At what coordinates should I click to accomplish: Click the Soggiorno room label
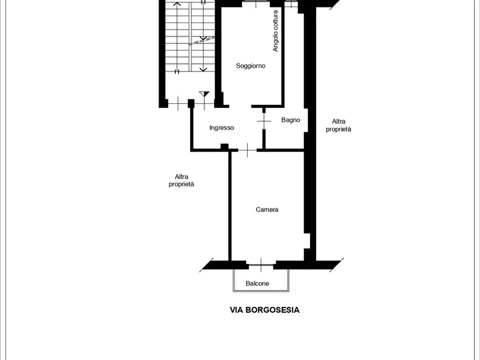(250, 66)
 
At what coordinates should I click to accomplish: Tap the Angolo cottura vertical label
(276, 31)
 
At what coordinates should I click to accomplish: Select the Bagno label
(290, 120)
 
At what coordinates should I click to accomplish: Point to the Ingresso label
(221, 128)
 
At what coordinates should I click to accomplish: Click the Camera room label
(267, 210)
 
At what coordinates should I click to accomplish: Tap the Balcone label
(257, 284)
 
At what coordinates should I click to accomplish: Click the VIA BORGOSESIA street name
(265, 310)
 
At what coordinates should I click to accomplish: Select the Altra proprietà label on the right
(338, 125)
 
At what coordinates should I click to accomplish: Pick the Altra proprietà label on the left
(181, 181)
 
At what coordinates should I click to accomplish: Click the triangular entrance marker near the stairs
(204, 93)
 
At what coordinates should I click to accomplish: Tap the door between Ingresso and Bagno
(264, 121)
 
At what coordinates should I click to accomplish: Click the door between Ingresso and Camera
(247, 150)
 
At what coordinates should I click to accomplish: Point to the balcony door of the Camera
(261, 265)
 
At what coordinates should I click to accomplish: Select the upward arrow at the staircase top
(177, 4)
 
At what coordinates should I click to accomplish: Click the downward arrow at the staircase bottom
(203, 69)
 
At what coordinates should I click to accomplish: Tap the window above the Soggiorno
(256, 4)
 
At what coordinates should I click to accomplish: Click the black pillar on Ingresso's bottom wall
(225, 147)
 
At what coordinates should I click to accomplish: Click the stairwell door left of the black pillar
(178, 104)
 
